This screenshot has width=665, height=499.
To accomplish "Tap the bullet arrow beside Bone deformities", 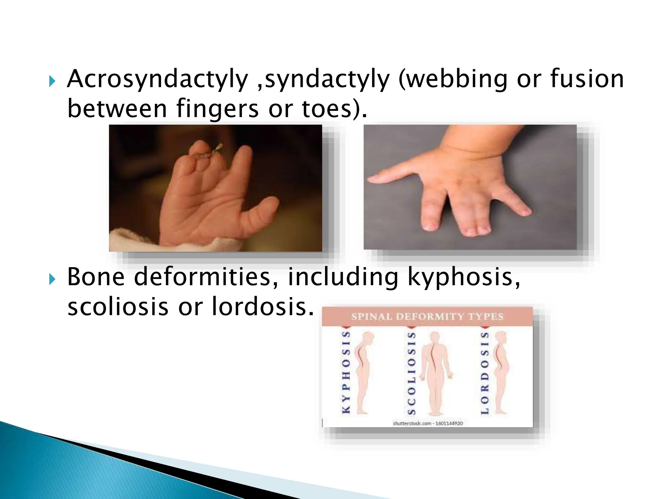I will pyautogui.click(x=52, y=279).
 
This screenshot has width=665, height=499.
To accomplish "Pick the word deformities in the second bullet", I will pyautogui.click(x=206, y=277).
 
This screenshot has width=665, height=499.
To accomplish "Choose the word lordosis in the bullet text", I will pyautogui.click(x=263, y=306).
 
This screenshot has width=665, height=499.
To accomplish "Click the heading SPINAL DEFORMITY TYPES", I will pyautogui.click(x=427, y=316).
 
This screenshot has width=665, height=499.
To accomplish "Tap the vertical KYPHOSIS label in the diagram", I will pyautogui.click(x=346, y=372).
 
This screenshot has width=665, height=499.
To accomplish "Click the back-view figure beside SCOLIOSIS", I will pyautogui.click(x=435, y=374).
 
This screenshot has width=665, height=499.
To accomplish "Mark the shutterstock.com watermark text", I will pyautogui.click(x=428, y=423).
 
